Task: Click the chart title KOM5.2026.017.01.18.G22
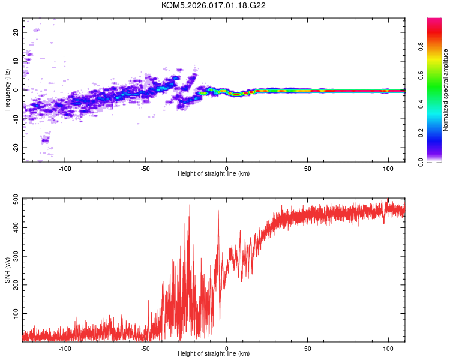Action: click(214, 5)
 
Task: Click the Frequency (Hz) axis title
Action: click(7, 90)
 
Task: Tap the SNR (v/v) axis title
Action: click(7, 269)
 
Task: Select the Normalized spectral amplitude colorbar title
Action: click(446, 90)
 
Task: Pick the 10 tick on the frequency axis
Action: click(16, 61)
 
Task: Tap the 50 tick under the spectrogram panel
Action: click(307, 167)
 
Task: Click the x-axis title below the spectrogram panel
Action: click(214, 174)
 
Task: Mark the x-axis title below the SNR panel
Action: click(214, 354)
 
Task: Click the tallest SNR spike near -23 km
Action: click(190, 206)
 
